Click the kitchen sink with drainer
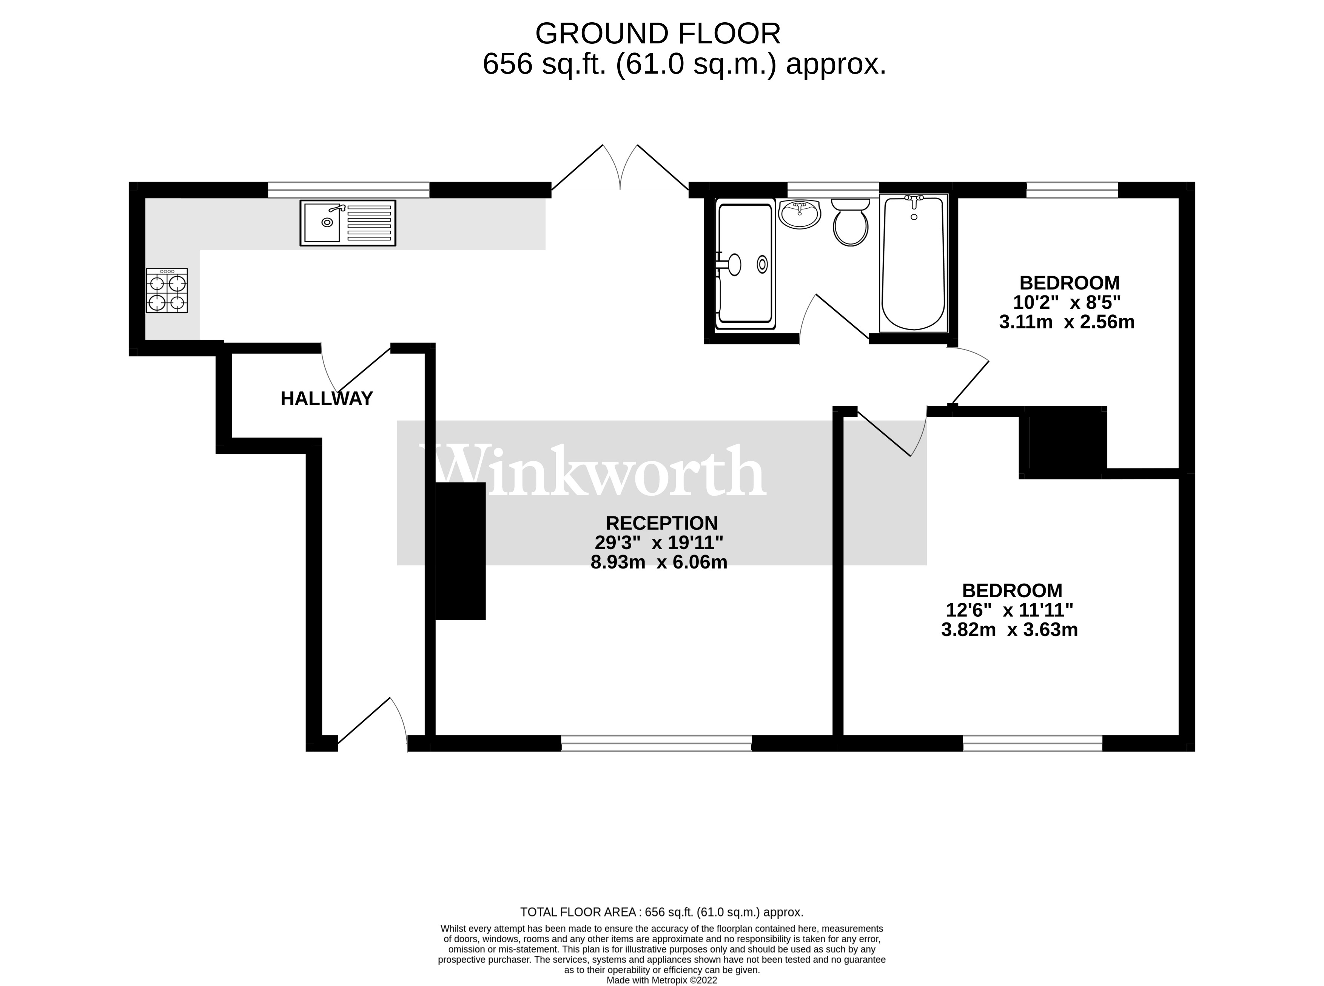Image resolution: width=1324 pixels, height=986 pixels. (x=347, y=223)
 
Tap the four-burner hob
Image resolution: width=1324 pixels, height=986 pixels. (x=166, y=291)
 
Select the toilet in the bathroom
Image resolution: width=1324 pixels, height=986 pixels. (x=851, y=223)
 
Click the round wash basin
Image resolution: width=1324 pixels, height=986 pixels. (x=799, y=214)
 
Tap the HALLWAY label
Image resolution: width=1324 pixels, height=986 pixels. (x=327, y=399)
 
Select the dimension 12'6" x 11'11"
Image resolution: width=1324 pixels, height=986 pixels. (x=1010, y=610)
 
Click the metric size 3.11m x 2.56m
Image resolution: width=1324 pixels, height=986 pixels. (x=1066, y=322)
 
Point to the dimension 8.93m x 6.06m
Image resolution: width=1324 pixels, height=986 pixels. (x=658, y=562)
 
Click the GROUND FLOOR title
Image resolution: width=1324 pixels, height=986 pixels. (x=657, y=34)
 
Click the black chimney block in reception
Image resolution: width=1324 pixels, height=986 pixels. (x=460, y=551)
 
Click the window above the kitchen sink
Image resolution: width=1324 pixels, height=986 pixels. (x=348, y=190)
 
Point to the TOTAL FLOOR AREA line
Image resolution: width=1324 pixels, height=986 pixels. (x=661, y=912)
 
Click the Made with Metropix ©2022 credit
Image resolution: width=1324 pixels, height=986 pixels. (x=661, y=980)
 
